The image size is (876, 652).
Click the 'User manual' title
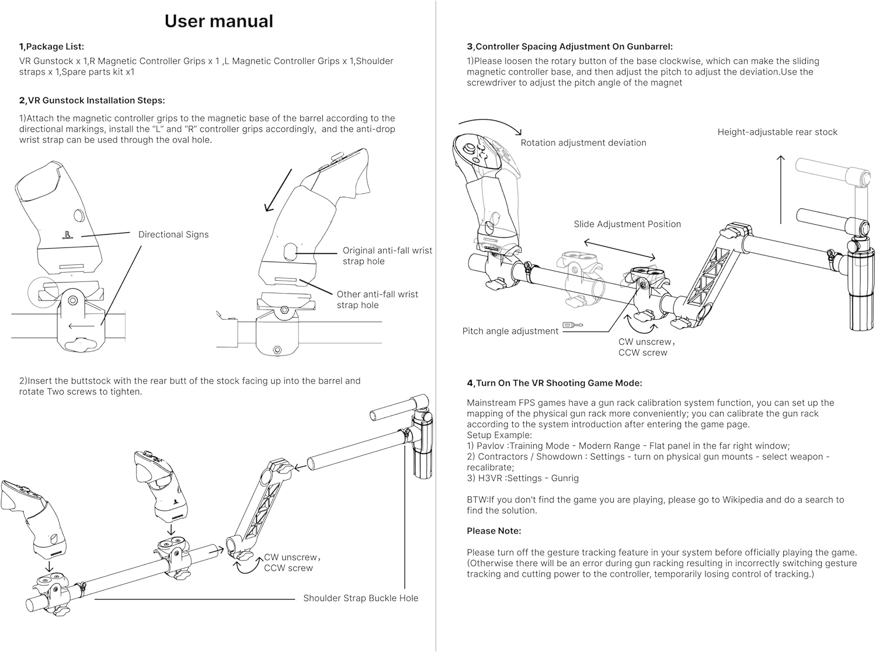(x=218, y=21)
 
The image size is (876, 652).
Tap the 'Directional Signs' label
(x=173, y=235)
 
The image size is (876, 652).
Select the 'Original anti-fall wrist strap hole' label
(x=387, y=256)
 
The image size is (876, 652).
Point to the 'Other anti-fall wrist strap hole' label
(x=377, y=299)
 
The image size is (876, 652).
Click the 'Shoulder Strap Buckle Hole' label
(x=360, y=598)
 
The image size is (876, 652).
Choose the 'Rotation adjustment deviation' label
(x=583, y=143)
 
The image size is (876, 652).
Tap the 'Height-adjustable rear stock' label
(x=777, y=133)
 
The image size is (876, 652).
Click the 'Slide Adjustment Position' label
(x=627, y=224)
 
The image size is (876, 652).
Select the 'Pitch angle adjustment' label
(x=510, y=332)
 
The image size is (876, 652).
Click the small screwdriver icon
(x=572, y=325)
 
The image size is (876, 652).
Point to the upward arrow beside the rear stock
(x=781, y=189)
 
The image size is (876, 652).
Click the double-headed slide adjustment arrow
(x=619, y=249)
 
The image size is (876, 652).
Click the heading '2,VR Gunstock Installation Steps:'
(x=92, y=100)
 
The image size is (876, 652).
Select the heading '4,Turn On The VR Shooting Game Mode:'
(x=554, y=383)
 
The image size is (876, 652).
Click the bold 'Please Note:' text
(x=493, y=531)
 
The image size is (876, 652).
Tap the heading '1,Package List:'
(x=51, y=47)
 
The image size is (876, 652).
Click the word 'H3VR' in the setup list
(x=491, y=478)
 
